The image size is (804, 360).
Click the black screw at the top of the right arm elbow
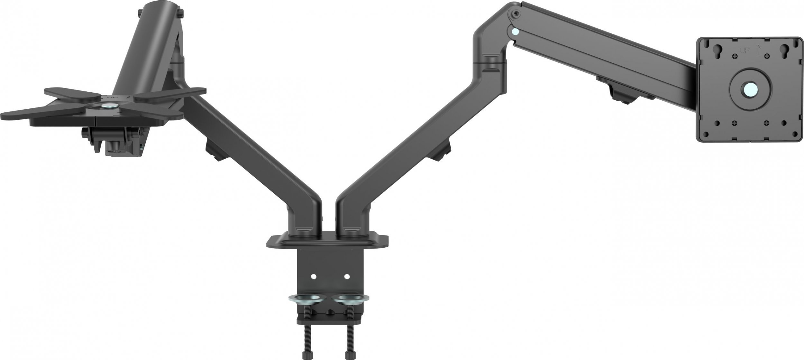pos(516,14)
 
